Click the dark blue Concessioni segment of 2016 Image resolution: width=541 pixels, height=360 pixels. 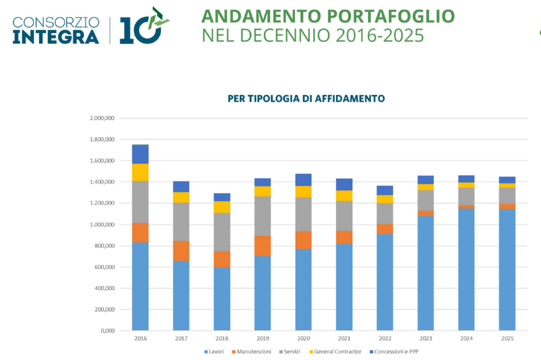140,154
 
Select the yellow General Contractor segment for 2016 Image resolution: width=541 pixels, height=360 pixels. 140,173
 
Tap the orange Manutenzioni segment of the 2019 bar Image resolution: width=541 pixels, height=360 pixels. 263,246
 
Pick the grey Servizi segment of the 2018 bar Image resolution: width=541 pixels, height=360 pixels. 222,232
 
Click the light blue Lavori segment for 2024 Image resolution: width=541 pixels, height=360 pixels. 466,270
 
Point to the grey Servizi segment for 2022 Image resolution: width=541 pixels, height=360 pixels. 385,214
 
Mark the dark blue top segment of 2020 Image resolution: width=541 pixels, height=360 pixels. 303,180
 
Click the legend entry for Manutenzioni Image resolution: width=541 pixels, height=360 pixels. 251,352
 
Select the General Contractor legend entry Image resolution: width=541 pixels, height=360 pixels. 335,352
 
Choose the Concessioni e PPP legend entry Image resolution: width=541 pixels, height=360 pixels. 394,352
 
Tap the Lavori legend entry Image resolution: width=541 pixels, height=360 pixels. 214,352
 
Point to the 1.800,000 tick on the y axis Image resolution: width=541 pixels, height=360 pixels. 102,139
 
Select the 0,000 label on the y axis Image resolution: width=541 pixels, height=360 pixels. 108,330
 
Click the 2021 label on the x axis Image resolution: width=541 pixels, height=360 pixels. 344,338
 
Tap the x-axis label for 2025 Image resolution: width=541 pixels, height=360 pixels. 507,338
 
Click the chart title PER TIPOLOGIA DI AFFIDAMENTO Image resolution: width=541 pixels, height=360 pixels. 306,99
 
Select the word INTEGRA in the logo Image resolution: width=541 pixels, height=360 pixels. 56,37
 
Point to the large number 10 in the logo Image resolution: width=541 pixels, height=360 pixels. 141,30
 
